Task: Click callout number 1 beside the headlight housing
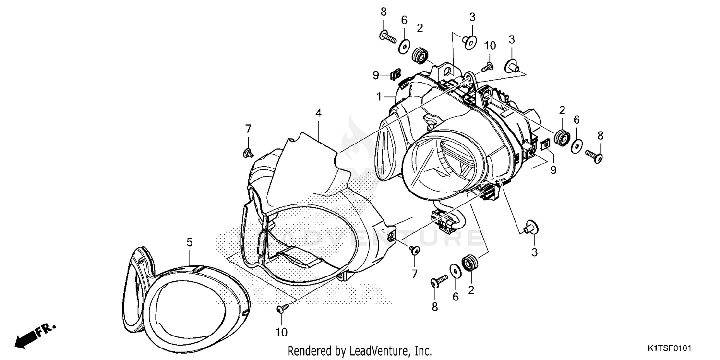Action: coord(379,97)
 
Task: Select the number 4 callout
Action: coord(318,113)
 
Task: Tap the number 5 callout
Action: coord(190,242)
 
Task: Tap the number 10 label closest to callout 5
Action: coord(281,332)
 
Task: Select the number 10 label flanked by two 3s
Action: coord(489,46)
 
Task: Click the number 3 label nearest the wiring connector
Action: coord(534,252)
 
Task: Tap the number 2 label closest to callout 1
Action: coord(420,28)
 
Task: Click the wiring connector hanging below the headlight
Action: coord(444,218)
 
